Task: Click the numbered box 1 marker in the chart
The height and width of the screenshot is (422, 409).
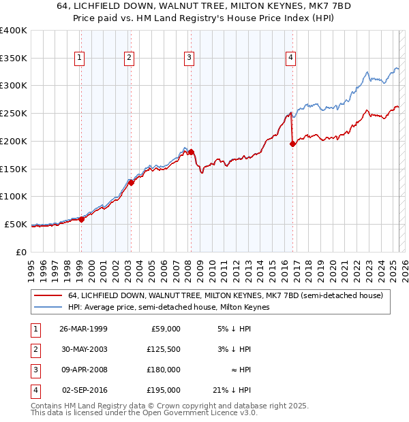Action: pos(80,58)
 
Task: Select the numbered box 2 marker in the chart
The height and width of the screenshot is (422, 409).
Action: pos(129,58)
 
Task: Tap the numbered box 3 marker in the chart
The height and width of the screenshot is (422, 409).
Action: pos(188,58)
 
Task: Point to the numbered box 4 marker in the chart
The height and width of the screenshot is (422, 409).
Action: pos(290,58)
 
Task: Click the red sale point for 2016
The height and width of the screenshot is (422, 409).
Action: pos(292,144)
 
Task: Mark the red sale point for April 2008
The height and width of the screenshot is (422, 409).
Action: pos(192,152)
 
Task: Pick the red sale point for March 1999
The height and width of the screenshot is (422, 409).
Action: pos(81,219)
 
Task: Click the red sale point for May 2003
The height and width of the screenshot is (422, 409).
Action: pos(131,182)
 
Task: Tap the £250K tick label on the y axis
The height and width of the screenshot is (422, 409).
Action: pos(14,113)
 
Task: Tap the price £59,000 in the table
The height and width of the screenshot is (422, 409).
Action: pos(164,329)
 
